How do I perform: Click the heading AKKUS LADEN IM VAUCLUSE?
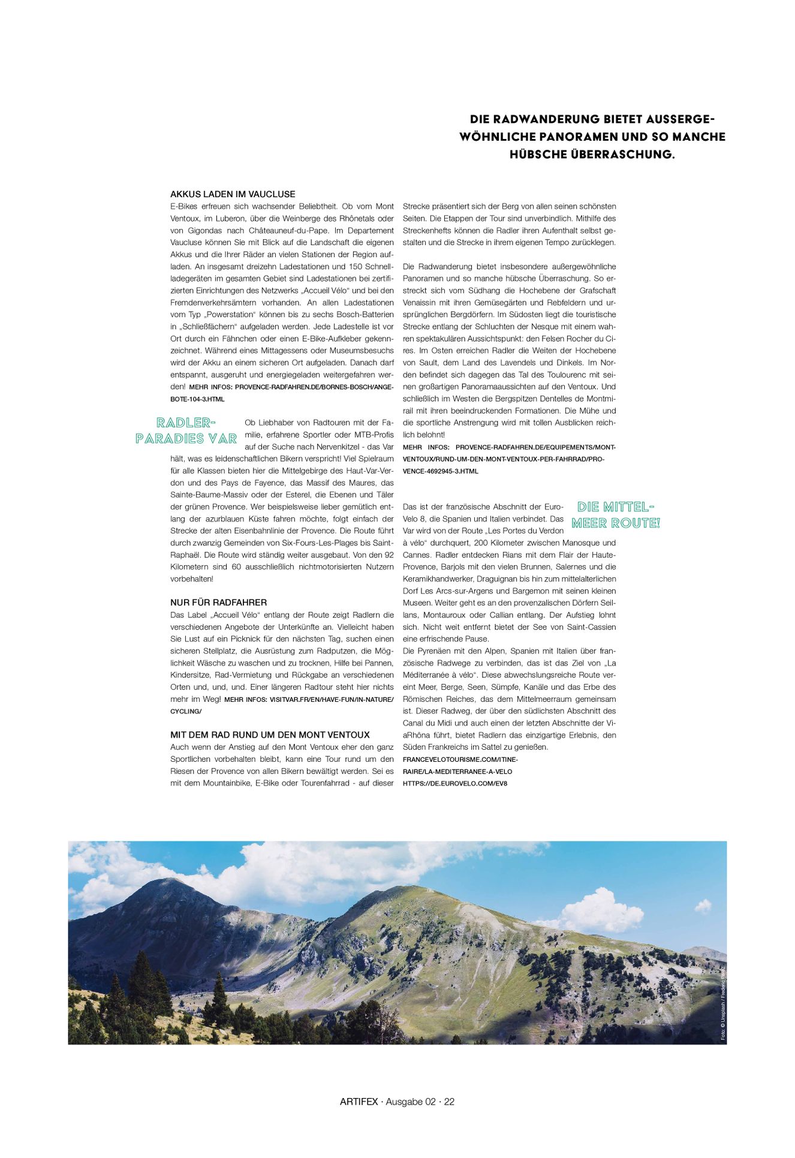click(233, 194)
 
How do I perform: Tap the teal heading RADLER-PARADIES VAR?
click(186, 431)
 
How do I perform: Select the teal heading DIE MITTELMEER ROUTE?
click(616, 515)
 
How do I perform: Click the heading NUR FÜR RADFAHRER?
click(218, 602)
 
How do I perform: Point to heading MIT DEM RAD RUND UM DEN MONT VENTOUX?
click(270, 735)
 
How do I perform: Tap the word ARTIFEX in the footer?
click(359, 1102)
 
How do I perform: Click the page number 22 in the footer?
click(449, 1102)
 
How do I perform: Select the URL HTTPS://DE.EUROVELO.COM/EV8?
click(455, 783)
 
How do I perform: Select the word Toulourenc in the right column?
click(568, 375)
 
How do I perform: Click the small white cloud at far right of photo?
click(703, 904)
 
